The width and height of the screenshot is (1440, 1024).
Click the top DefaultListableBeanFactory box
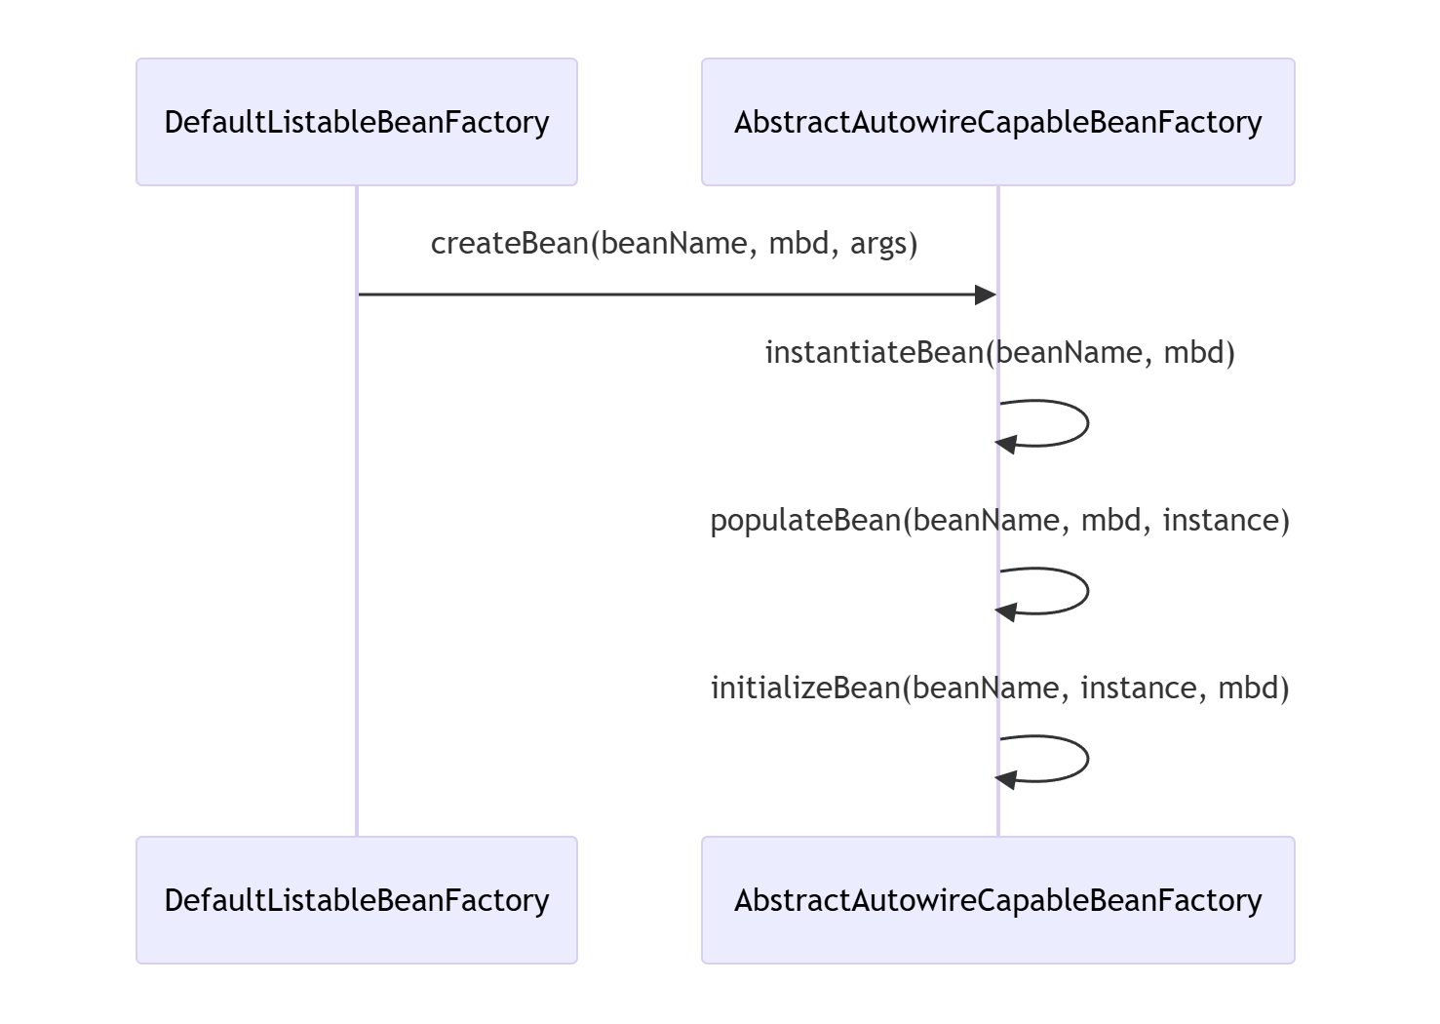pos(357,122)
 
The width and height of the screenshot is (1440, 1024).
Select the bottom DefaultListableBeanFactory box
pos(357,900)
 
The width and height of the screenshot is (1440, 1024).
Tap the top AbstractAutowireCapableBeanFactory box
pos(997,122)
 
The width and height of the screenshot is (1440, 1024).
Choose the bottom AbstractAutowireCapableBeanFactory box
pos(997,900)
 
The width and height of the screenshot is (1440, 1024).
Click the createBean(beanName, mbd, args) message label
pos(675,243)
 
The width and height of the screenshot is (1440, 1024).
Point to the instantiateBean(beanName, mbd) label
pos(999,352)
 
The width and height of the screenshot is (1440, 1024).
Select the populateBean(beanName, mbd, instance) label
pos(999,520)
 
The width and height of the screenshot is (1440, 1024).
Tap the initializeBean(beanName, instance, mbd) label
pos(999,688)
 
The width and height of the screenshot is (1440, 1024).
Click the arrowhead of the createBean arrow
pos(985,295)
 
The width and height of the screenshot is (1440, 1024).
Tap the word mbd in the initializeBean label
pos(1254,688)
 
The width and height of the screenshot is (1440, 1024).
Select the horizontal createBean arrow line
pos(673,295)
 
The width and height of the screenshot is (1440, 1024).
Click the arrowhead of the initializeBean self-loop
pos(1006,778)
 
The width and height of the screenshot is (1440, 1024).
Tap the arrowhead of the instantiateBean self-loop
pos(1006,443)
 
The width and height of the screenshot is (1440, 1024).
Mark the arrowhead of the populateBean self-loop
pos(1006,610)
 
